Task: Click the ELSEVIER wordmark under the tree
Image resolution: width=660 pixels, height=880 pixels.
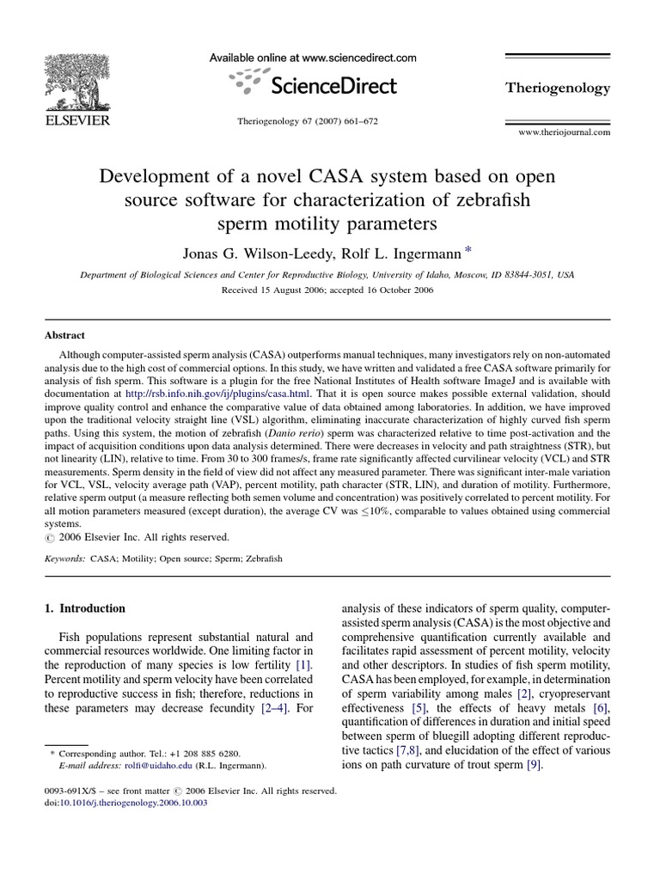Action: (x=76, y=121)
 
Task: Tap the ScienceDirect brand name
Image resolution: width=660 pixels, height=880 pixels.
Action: (x=333, y=85)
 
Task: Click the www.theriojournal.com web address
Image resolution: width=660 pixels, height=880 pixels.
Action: (x=564, y=132)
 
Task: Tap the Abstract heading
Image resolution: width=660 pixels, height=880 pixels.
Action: (x=64, y=336)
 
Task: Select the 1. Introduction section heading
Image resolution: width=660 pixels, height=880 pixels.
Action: (x=84, y=608)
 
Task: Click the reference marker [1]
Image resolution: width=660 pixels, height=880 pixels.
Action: (x=304, y=665)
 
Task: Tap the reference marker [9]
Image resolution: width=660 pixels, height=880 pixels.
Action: (x=534, y=766)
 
